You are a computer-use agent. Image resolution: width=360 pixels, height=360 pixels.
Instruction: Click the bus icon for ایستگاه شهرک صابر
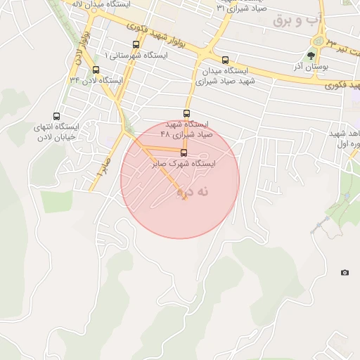(x=184, y=153)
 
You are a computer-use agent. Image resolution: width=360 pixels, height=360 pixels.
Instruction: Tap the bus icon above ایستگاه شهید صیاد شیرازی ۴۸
(x=187, y=113)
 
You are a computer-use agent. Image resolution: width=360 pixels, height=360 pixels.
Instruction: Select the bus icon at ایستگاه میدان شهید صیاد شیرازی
(x=225, y=60)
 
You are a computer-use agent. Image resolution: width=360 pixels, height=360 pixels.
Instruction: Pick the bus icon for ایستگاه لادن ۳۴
(x=96, y=69)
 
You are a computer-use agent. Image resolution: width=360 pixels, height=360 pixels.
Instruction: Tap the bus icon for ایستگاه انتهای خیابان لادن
(x=57, y=117)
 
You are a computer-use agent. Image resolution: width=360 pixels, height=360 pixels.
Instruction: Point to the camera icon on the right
(x=345, y=272)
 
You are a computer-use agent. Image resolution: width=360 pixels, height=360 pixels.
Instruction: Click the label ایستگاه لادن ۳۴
(x=96, y=80)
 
